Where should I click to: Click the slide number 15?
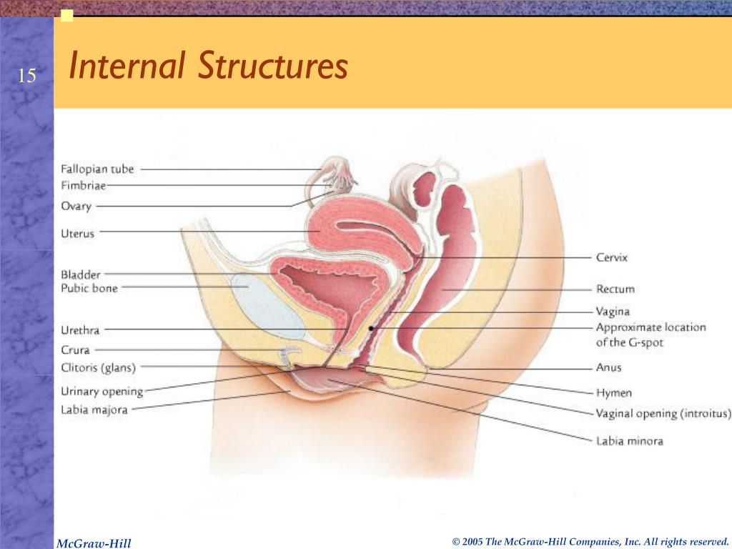point(26,76)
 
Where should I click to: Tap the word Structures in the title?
point(273,67)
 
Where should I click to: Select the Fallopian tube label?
point(97,169)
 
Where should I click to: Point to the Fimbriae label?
point(83,186)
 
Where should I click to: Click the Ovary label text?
point(76,207)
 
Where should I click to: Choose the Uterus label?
point(77,233)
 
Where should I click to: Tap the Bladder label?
point(81,274)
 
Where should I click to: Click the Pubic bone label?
point(89,288)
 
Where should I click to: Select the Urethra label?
point(80,330)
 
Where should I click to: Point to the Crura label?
point(75,350)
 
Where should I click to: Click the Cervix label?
point(611,257)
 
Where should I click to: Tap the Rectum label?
point(615,290)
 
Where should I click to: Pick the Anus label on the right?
point(608,368)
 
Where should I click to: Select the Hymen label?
point(613,393)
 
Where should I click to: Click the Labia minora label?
point(629,441)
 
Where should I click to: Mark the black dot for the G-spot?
point(371,327)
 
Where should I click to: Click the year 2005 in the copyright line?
point(473,542)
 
